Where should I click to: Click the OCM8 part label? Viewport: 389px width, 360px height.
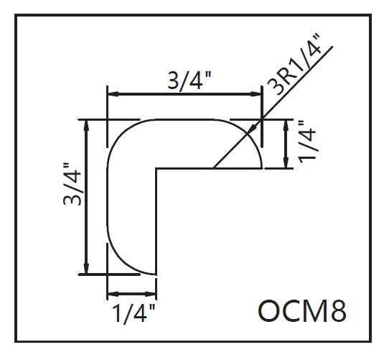302,310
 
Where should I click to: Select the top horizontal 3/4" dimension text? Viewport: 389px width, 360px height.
189,80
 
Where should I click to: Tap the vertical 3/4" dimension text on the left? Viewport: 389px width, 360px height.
72,184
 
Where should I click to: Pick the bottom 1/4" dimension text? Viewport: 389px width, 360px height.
134,313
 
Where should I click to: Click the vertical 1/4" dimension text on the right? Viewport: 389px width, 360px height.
307,142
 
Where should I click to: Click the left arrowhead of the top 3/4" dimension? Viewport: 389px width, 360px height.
113,94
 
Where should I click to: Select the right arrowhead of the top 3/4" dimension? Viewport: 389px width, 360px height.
256,94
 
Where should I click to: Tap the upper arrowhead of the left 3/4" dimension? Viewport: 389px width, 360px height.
86,125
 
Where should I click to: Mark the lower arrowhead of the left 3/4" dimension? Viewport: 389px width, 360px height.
86,269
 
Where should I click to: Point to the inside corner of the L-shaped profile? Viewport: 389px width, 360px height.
156,169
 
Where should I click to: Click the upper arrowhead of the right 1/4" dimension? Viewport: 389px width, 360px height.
286,125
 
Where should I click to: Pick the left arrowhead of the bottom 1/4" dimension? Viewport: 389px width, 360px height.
113,294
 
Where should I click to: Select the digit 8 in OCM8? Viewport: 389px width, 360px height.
339,310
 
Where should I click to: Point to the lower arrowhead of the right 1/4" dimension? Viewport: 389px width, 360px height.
286,163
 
